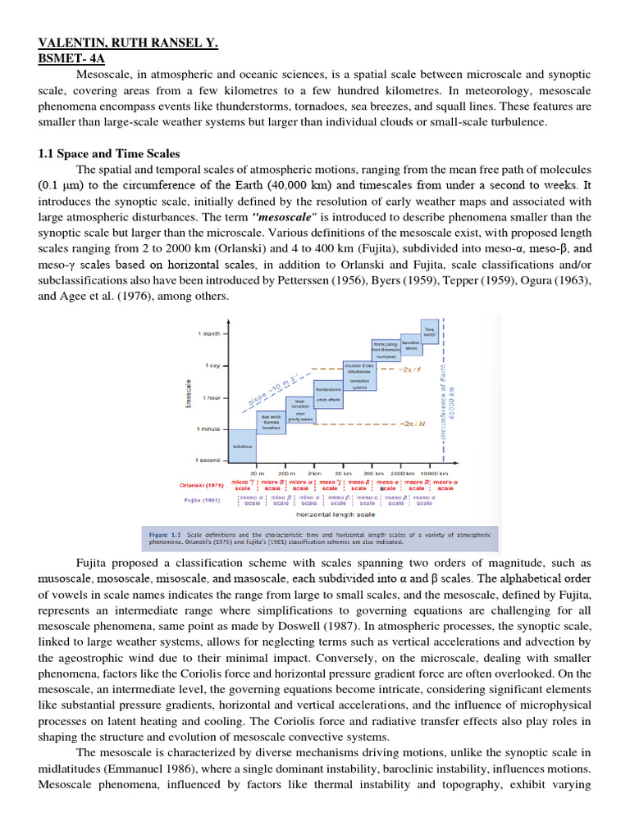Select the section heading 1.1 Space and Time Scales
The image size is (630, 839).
[110, 154]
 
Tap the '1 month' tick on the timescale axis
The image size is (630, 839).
[210, 333]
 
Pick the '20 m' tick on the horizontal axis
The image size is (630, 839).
[257, 474]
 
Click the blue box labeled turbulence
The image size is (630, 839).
[242, 446]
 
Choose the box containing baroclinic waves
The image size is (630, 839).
[410, 345]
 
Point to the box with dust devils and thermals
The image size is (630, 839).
[272, 422]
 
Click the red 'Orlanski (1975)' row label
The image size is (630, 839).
[200, 485]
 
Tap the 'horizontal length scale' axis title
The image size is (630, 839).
[336, 515]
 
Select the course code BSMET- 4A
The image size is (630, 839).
[72, 59]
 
